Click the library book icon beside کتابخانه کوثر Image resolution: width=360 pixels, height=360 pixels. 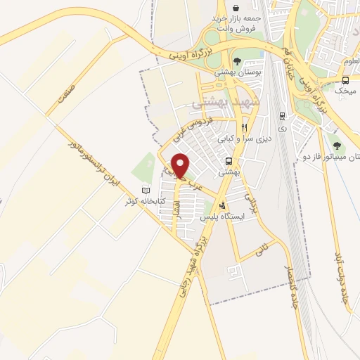[x=146, y=191]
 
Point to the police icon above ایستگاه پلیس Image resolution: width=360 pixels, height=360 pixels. [x=223, y=206]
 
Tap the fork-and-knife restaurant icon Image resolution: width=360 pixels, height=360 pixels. [x=244, y=127]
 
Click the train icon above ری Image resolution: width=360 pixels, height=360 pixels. [x=282, y=117]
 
